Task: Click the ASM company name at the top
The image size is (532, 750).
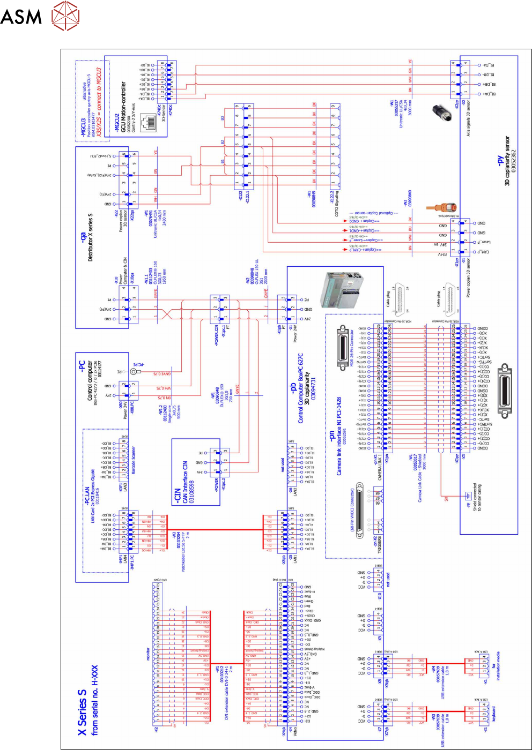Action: [21, 16]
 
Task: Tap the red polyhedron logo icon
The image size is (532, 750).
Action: [65, 16]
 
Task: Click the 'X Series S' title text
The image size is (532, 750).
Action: [82, 712]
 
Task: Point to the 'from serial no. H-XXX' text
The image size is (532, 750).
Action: [95, 700]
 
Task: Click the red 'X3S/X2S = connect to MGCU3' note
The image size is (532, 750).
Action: [99, 102]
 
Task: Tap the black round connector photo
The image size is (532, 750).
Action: [442, 112]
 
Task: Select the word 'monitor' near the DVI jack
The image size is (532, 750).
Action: [149, 654]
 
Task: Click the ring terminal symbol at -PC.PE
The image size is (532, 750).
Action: [134, 371]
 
